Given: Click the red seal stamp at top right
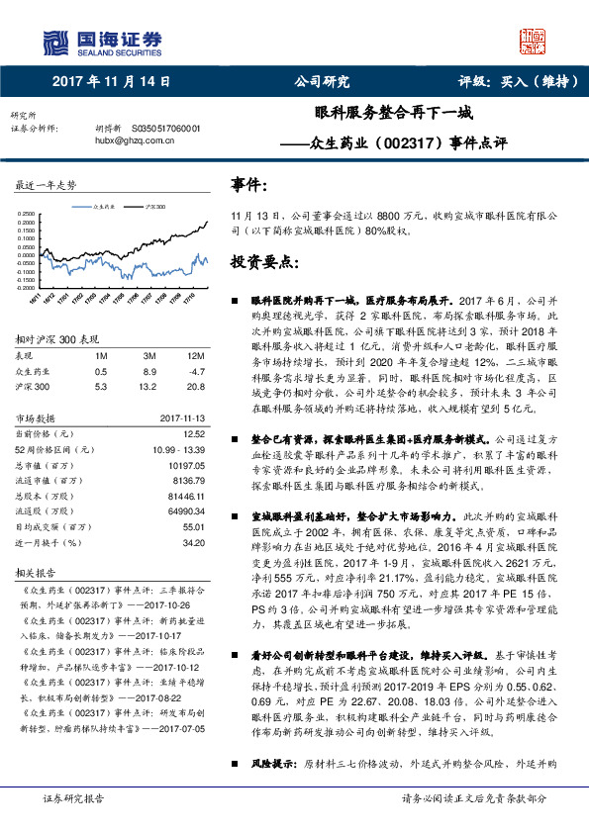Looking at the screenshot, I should (533, 42).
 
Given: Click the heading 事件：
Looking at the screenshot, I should (248, 185).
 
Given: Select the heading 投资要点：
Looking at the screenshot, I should (263, 261).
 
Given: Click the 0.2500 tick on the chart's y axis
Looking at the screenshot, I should (26, 213).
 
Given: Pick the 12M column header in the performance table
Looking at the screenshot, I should (196, 354).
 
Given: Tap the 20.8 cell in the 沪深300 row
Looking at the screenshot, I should (196, 387).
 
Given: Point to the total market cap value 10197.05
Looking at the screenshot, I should (186, 464).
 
